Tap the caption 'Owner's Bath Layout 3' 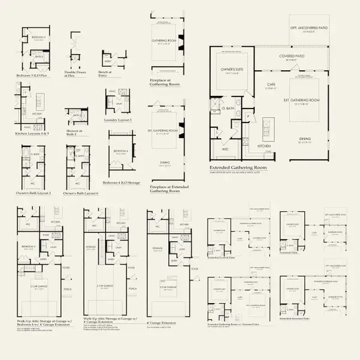(32, 193)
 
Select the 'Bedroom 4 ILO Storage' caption (121, 182)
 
